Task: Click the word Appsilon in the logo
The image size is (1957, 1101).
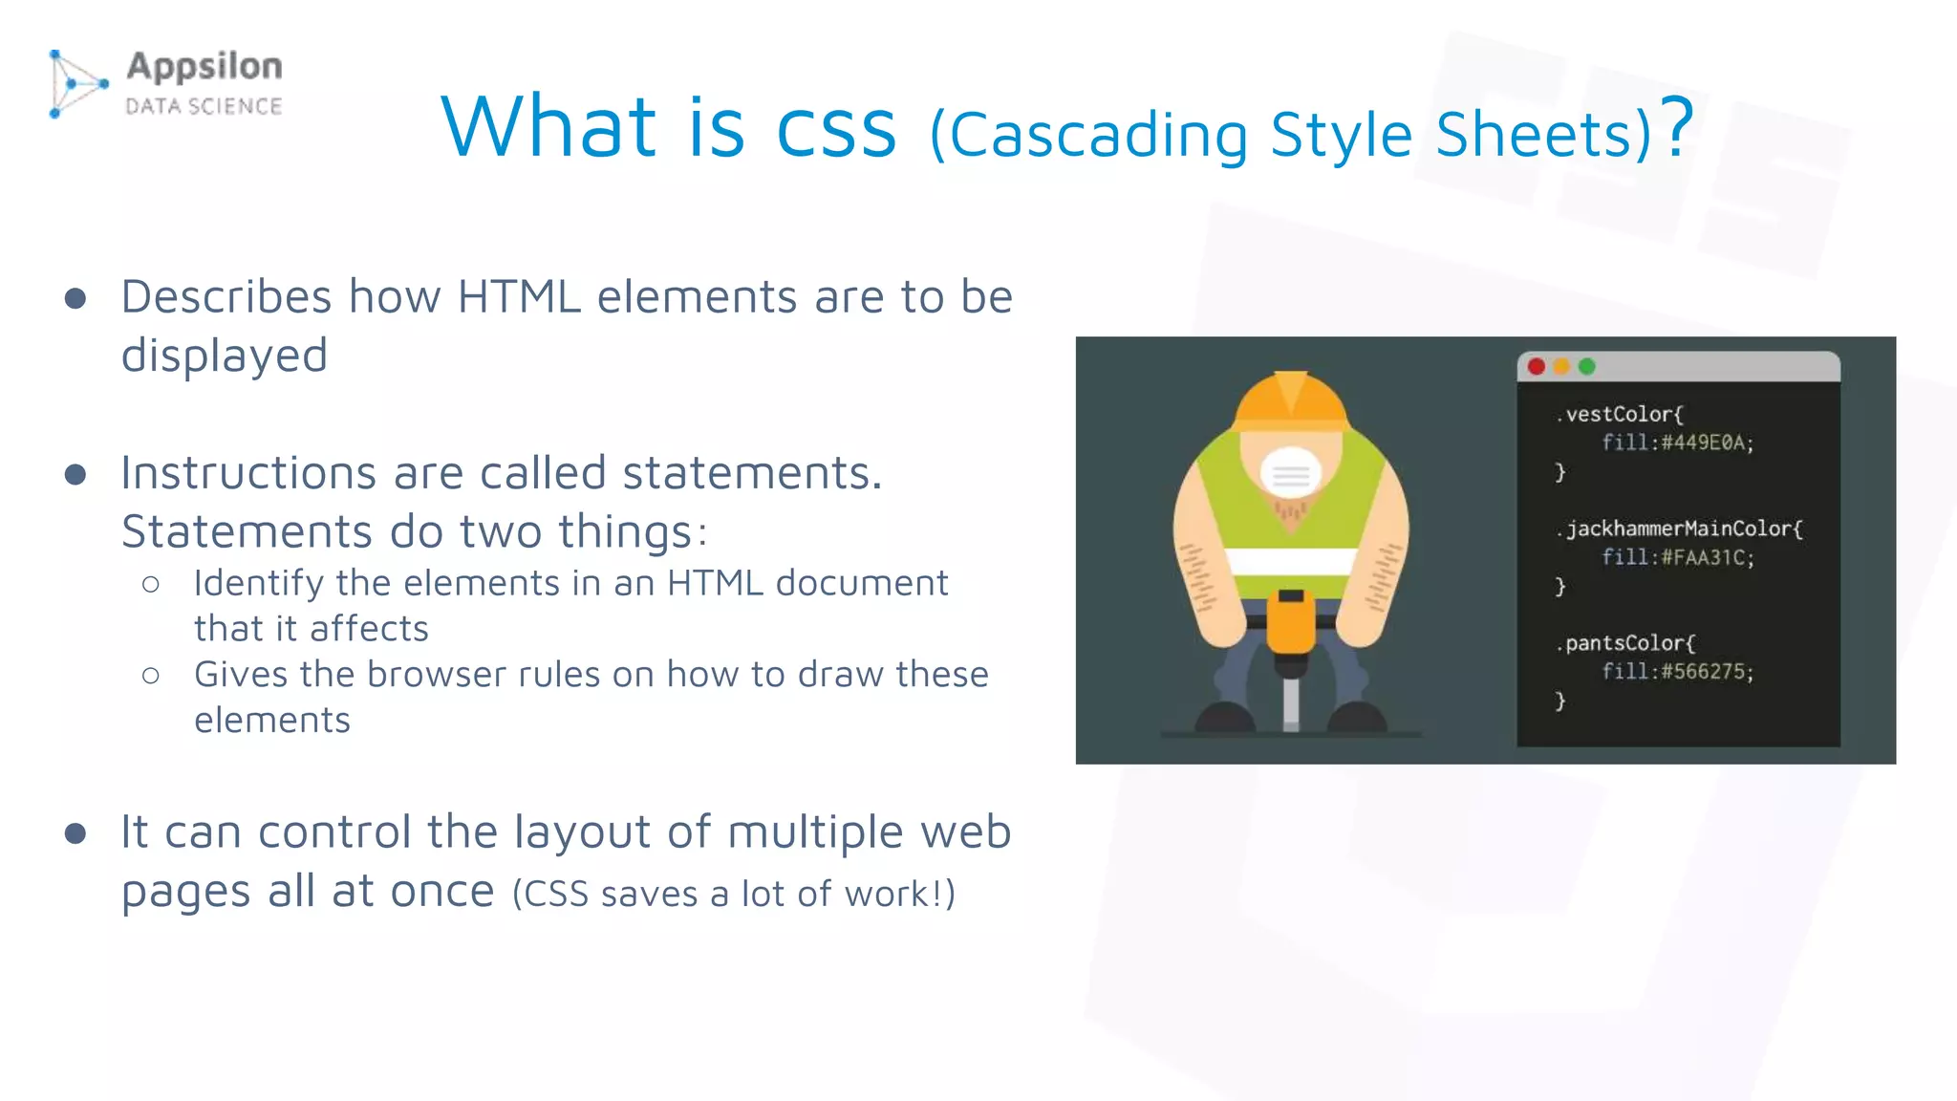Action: (204, 67)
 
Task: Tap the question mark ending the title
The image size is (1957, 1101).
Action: (1676, 126)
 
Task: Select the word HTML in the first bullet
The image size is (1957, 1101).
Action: (519, 296)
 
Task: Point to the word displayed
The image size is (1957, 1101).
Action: (225, 356)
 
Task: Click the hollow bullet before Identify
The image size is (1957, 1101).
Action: (151, 584)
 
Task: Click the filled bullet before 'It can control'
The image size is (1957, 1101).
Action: (75, 833)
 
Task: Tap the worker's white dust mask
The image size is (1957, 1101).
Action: (1291, 473)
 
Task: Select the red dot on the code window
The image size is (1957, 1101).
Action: (1537, 367)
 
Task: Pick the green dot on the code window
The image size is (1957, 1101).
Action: (1587, 367)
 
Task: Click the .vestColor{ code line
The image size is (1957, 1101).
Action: (1621, 415)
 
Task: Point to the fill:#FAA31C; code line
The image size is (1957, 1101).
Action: (1678, 558)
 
